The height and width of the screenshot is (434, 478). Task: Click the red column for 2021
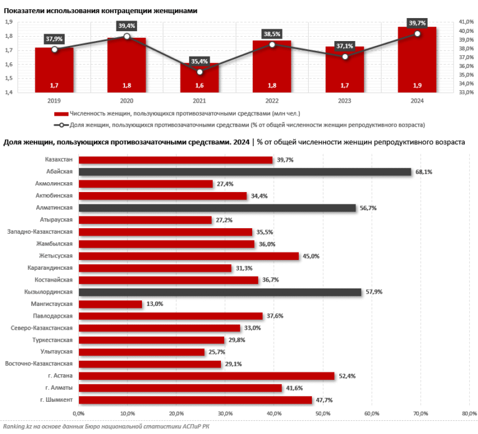(x=199, y=78)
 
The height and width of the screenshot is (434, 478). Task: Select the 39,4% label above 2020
(x=126, y=25)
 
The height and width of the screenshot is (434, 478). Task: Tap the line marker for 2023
(x=345, y=57)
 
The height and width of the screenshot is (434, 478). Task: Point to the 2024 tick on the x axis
(x=416, y=99)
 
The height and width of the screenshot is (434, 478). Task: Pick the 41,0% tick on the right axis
(x=466, y=22)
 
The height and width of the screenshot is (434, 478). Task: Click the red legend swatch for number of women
(x=61, y=114)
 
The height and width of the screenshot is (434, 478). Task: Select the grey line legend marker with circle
(x=61, y=125)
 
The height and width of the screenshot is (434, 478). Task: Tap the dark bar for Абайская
(x=245, y=172)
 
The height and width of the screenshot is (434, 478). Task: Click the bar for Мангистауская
(x=110, y=304)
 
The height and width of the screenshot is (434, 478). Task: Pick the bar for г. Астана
(x=206, y=376)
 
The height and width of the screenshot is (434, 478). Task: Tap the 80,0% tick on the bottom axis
(x=468, y=413)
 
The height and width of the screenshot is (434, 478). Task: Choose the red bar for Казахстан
(x=176, y=160)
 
